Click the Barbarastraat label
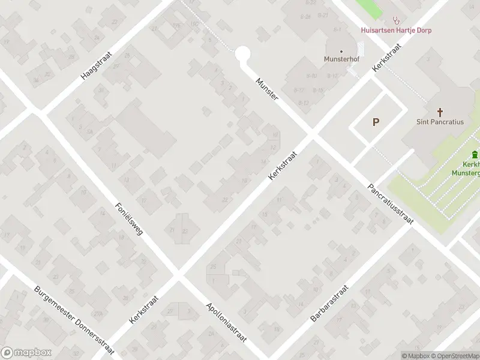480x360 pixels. coord(329,303)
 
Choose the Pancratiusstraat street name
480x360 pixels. coord(391,204)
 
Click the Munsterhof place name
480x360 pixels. coord(341,59)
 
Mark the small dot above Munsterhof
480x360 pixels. coord(341,51)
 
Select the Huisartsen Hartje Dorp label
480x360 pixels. coord(396,30)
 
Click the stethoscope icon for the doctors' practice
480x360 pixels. coord(396,20)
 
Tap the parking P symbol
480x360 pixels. coord(376,122)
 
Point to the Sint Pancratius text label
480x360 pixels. coord(440,121)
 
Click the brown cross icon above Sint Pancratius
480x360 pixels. coord(440,112)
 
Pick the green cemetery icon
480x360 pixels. coord(475,154)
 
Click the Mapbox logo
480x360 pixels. coord(26,353)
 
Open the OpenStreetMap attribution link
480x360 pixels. coord(454,356)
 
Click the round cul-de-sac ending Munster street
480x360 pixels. coord(242,55)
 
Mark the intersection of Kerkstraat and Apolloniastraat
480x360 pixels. coord(177,277)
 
